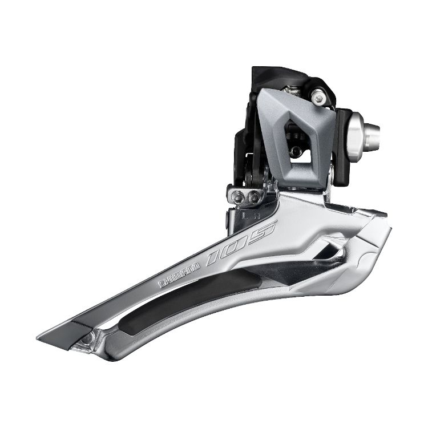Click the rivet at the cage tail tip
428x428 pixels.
point(87,339)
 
